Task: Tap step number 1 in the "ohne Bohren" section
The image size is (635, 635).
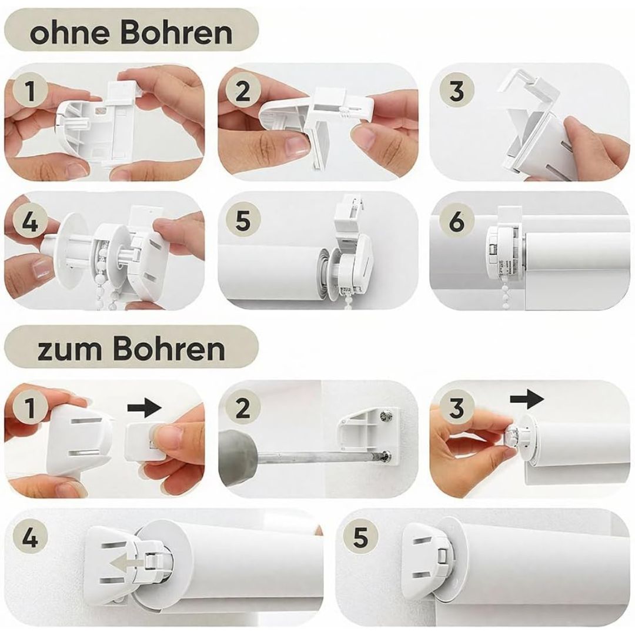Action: pos(31,92)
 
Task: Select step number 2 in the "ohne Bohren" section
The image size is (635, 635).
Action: pos(242,92)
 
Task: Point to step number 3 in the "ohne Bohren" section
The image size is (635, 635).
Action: pos(456,92)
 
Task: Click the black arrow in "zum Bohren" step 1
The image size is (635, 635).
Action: pos(145,407)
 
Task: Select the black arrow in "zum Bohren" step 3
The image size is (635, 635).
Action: pos(527,399)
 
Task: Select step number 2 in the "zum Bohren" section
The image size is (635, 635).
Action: pos(242,408)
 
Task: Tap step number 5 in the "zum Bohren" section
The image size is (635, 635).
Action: pos(360,539)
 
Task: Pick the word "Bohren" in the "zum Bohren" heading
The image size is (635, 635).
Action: pos(169,349)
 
